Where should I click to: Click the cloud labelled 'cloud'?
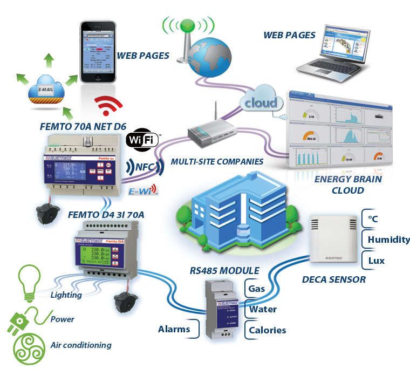261,102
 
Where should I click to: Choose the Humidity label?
388,240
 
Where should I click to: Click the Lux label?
377,260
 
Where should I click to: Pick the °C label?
373,220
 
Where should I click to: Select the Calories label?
266,330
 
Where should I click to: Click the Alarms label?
174,329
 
